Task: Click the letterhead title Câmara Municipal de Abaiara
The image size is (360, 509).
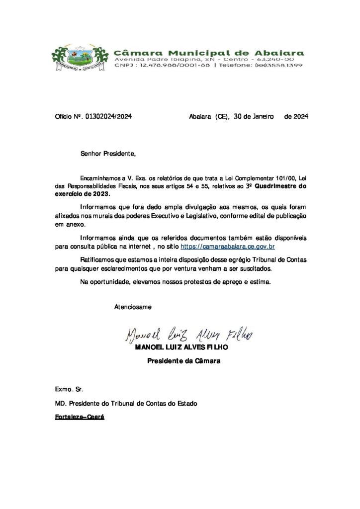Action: click(209, 53)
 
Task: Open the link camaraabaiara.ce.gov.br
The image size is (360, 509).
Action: click(229, 246)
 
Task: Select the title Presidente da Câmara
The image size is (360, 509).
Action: click(183, 361)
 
